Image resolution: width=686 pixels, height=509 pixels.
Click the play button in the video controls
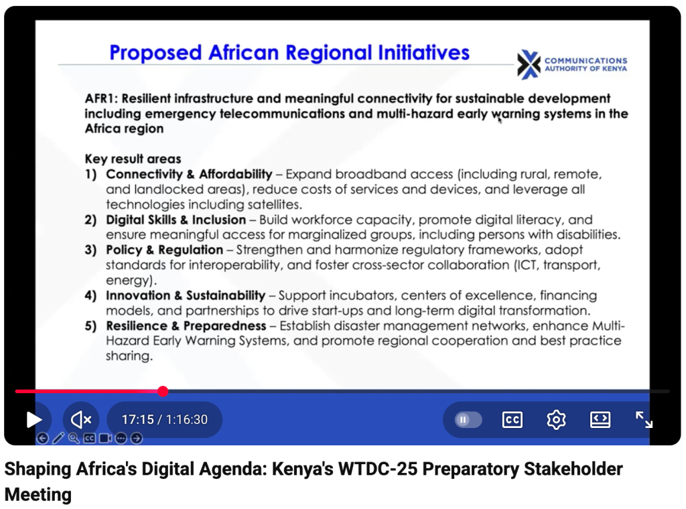pos(33,420)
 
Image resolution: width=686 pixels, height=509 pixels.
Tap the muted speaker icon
pos(81,420)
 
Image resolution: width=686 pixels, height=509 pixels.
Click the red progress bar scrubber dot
pos(163,391)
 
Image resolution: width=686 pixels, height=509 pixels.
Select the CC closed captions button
pos(512,420)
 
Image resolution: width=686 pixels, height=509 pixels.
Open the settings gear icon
pos(556,420)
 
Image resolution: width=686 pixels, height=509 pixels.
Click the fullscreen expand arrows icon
pos(644,420)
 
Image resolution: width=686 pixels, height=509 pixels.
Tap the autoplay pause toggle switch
pos(468,420)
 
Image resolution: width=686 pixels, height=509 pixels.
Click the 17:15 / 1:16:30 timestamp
pos(165,420)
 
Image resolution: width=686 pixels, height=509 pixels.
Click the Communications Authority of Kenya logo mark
pos(529,64)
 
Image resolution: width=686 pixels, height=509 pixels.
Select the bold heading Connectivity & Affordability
pos(189,174)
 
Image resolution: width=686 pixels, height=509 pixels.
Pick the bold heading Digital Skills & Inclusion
pos(176,220)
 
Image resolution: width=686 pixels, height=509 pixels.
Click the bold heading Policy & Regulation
pos(165,250)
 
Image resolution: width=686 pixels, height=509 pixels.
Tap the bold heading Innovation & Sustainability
pos(186,295)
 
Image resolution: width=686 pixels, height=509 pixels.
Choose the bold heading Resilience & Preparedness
pos(186,325)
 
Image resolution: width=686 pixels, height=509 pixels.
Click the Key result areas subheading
pos(133,159)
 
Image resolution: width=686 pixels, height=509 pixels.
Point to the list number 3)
pos(90,250)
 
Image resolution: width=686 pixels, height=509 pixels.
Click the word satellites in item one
pos(274,205)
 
